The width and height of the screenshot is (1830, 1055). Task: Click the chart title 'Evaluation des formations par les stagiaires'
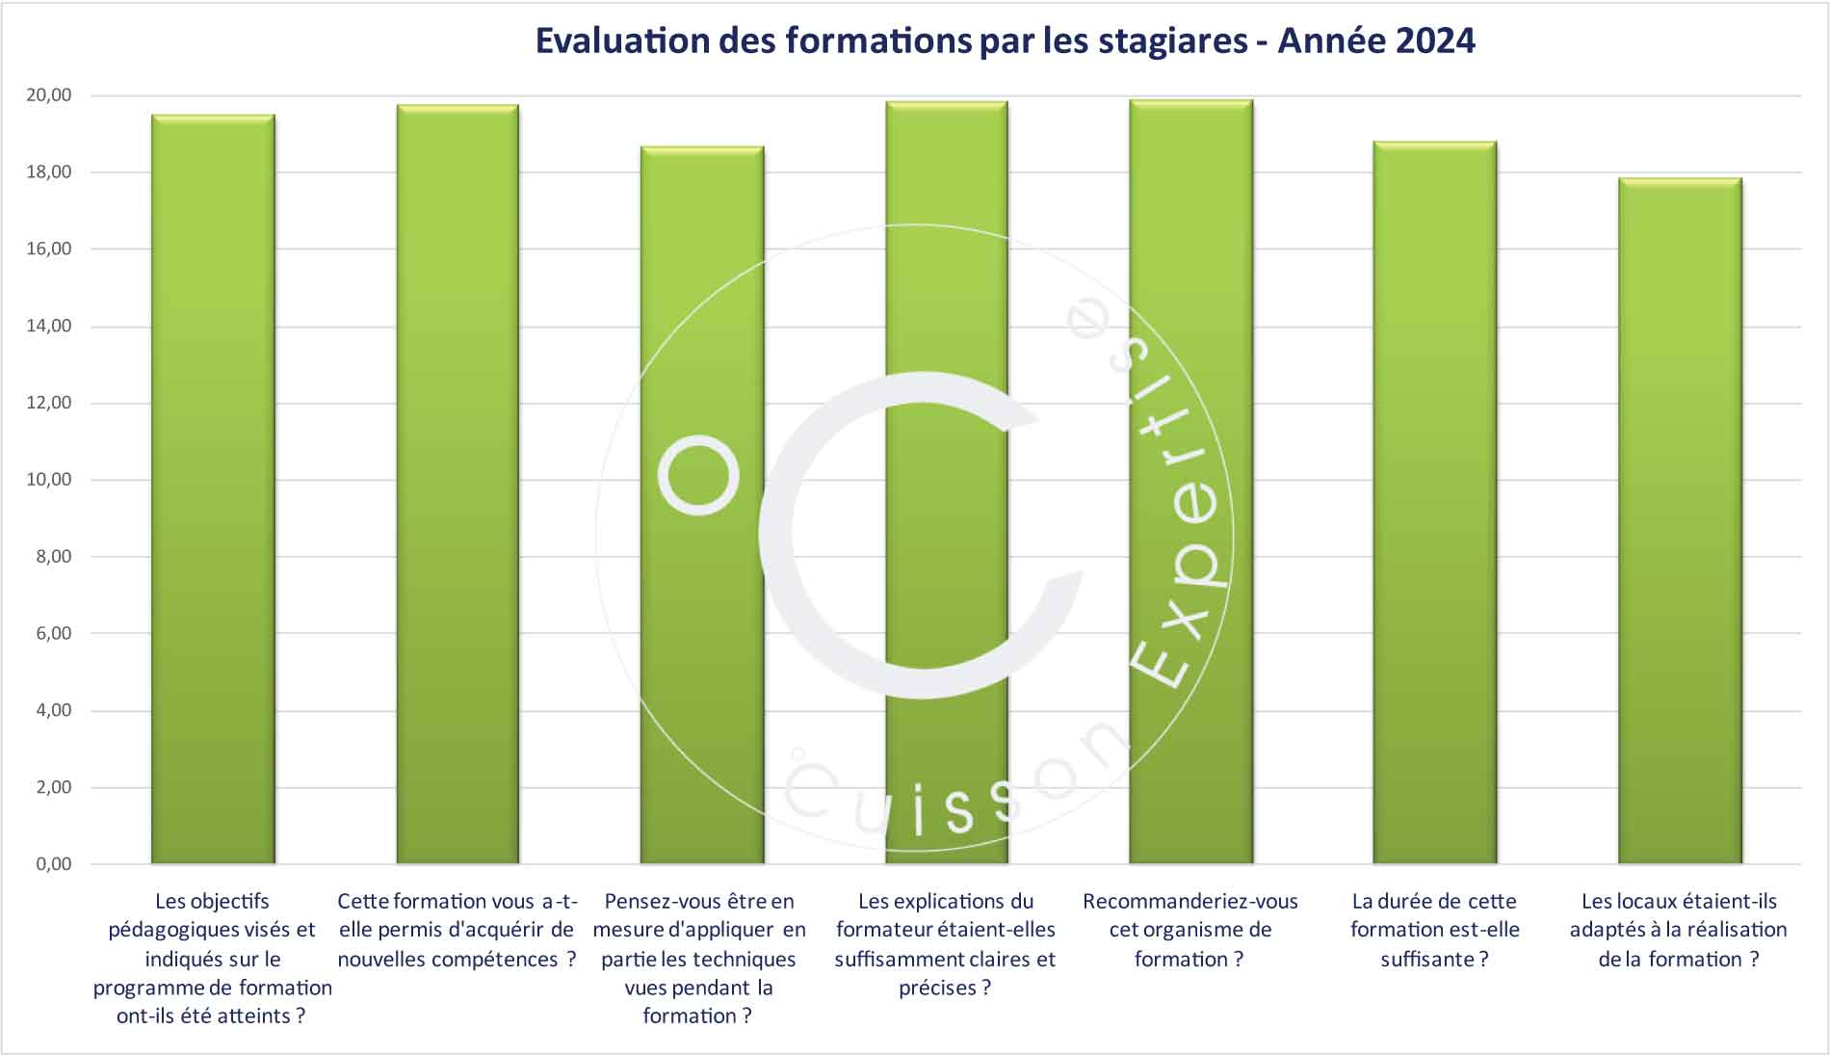point(1004,41)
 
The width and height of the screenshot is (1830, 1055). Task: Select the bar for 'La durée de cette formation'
point(1435,502)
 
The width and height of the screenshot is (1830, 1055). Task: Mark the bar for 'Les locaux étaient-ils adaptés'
point(1680,520)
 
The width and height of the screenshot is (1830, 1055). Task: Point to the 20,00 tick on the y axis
point(49,95)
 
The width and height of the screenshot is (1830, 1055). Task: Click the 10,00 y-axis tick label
point(49,480)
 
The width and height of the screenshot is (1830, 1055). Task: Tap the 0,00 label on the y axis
point(54,864)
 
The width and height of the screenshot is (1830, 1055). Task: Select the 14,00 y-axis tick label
point(49,326)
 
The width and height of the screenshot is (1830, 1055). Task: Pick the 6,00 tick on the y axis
point(54,633)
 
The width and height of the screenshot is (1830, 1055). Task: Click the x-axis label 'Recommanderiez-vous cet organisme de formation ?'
point(1190,930)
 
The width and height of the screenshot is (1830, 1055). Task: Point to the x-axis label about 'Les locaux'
point(1679,930)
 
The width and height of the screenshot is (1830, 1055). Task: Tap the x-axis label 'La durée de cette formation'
point(1435,930)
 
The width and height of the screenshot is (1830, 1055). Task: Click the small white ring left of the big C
point(699,474)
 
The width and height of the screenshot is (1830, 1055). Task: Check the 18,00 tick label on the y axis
point(49,172)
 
